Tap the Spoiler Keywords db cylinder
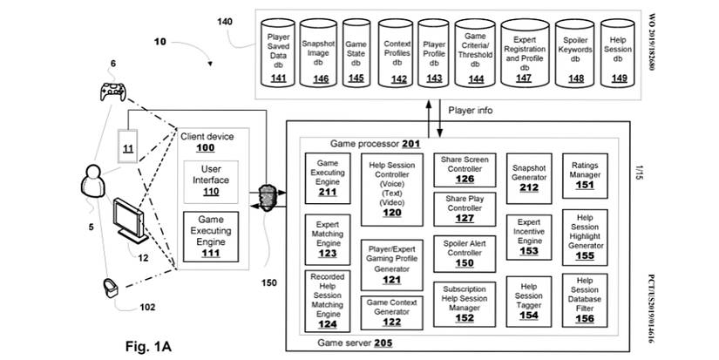click(574, 54)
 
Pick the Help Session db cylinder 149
click(620, 54)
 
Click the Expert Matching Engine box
click(327, 238)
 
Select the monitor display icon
click(128, 220)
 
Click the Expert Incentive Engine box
click(528, 237)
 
